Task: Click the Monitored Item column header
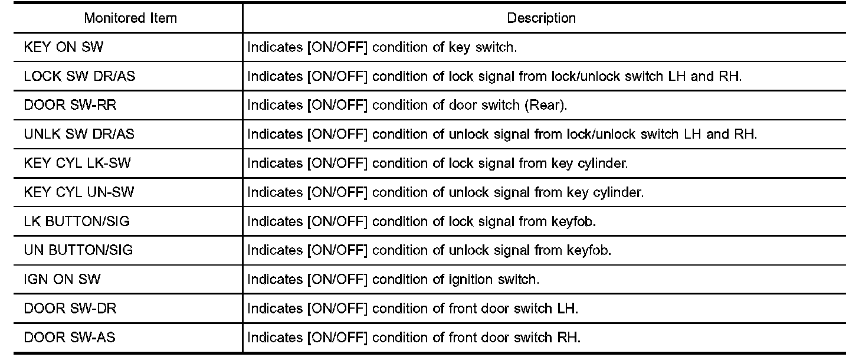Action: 130,18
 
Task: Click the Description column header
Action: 541,18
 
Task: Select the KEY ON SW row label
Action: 63,47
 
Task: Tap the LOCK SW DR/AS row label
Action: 79,76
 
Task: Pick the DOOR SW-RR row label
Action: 66,105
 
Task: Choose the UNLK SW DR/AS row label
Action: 79,134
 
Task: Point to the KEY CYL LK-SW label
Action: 77,163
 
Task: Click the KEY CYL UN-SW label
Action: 78,192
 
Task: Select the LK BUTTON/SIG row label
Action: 77,221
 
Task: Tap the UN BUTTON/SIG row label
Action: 78,250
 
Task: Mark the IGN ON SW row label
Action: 62,279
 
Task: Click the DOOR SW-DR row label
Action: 66,309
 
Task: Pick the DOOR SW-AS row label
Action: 65,338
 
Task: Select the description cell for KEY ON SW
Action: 382,47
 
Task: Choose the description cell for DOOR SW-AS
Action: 414,338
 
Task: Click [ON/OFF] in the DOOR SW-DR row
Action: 337,309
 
